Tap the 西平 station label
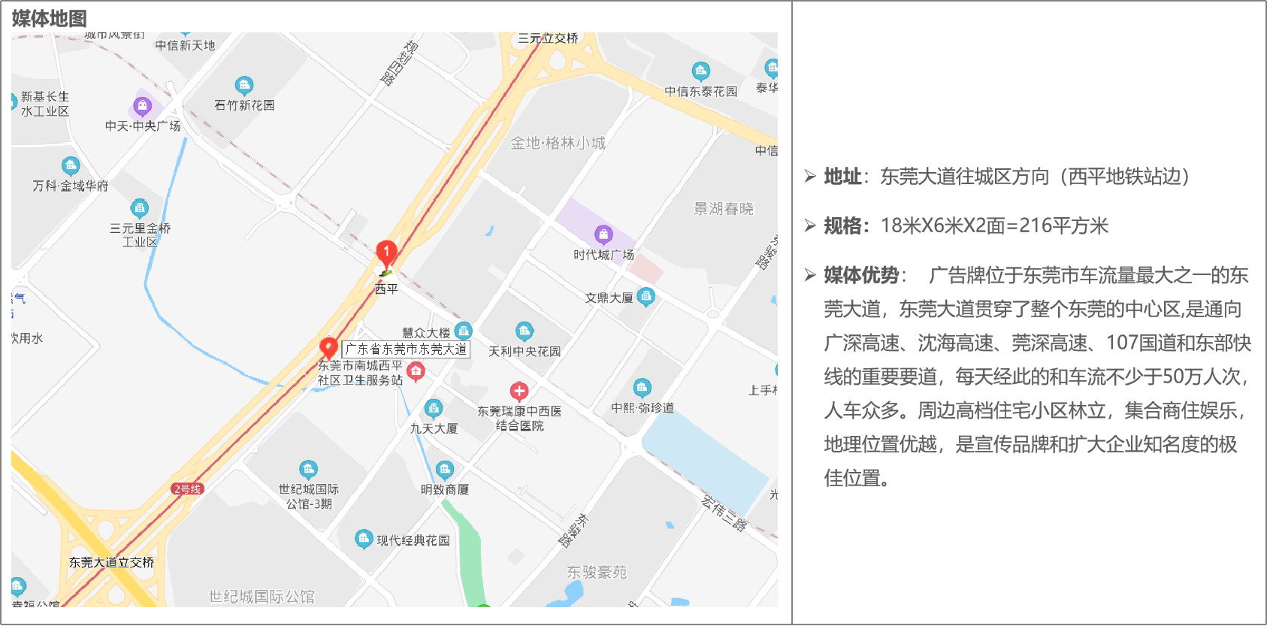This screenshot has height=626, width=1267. tap(386, 289)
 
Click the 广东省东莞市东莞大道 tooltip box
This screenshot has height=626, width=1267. tap(406, 349)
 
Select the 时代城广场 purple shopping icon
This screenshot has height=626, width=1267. tap(603, 234)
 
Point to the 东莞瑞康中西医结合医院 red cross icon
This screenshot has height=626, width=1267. tap(519, 392)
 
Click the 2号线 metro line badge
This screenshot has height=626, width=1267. tap(187, 488)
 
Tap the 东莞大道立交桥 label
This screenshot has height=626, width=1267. tap(111, 562)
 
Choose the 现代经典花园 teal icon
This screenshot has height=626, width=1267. tap(364, 539)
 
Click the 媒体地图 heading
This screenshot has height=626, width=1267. tap(49, 18)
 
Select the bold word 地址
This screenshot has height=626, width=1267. tap(842, 177)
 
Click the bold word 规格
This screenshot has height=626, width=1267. tap(842, 225)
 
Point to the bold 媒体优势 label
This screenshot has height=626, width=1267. tap(861, 275)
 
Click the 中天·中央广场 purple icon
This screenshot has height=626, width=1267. tap(142, 106)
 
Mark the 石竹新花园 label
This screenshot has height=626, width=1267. tap(244, 105)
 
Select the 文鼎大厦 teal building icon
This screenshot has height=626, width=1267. tap(646, 297)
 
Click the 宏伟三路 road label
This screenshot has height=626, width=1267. tap(724, 513)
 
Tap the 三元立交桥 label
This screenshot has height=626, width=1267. tap(548, 38)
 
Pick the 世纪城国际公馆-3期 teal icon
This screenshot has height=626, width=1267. tap(308, 470)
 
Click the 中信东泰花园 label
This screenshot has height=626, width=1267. tap(700, 92)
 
